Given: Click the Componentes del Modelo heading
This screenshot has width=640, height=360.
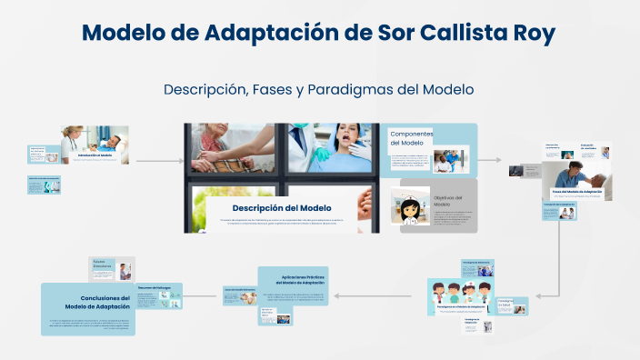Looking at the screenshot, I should (x=411, y=138).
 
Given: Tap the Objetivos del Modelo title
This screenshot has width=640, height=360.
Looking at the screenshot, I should (x=448, y=201).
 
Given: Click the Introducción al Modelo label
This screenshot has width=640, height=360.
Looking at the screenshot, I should (x=95, y=155).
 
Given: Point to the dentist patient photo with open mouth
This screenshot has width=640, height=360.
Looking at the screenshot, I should (x=331, y=146).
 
